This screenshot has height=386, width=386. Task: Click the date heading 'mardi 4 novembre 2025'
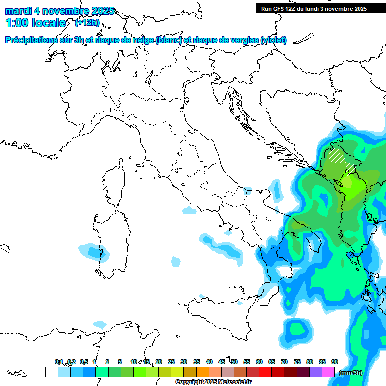(59, 11)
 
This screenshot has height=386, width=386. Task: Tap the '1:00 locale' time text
(35, 23)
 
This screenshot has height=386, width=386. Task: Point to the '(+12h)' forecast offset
(87, 23)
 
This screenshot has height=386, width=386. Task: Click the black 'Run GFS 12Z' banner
(314, 9)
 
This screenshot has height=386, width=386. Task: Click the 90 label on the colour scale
(335, 362)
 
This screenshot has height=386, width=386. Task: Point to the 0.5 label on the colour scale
(84, 362)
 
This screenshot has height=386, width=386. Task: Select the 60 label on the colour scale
(259, 362)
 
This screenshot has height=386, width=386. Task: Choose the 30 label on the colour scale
(184, 362)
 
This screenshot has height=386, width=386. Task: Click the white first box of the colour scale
(51, 372)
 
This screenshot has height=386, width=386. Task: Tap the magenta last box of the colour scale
(329, 372)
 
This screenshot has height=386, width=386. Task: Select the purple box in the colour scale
(316, 372)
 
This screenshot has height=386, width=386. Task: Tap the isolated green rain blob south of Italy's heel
(298, 330)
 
